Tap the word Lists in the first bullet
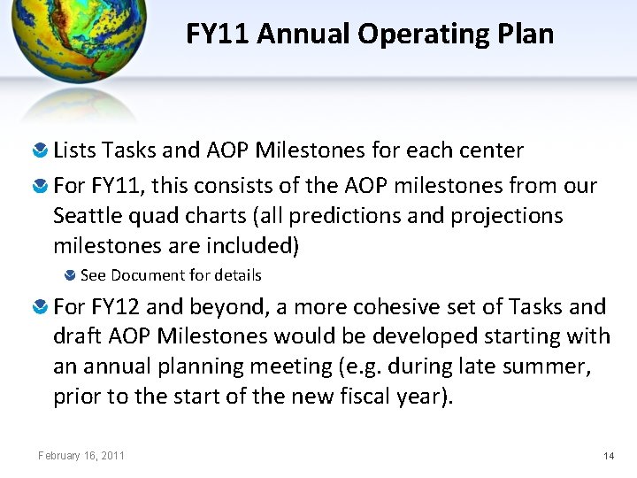[x=74, y=150]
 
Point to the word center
[x=492, y=150]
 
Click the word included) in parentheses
[x=257, y=244]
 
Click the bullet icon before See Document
[x=71, y=275]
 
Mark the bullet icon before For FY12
[x=41, y=308]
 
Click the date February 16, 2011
[x=81, y=455]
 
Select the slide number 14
[x=608, y=455]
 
